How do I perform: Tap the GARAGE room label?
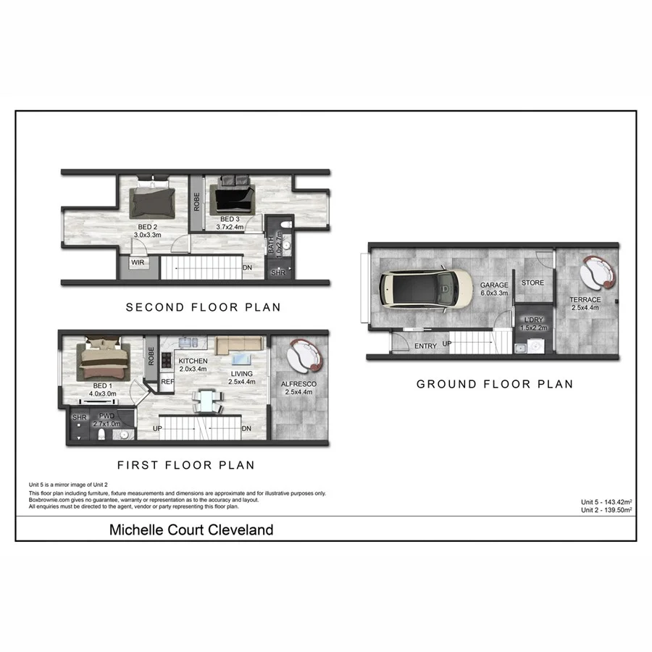494,285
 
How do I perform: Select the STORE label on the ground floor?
532,283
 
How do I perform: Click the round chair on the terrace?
598,271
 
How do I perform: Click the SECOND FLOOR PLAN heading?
204,307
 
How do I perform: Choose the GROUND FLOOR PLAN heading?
495,384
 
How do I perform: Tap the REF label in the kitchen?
167,381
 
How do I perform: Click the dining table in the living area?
208,401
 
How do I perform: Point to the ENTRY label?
426,346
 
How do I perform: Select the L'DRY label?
534,319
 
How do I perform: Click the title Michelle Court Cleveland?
191,530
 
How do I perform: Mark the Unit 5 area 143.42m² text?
606,502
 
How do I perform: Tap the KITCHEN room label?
193,361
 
